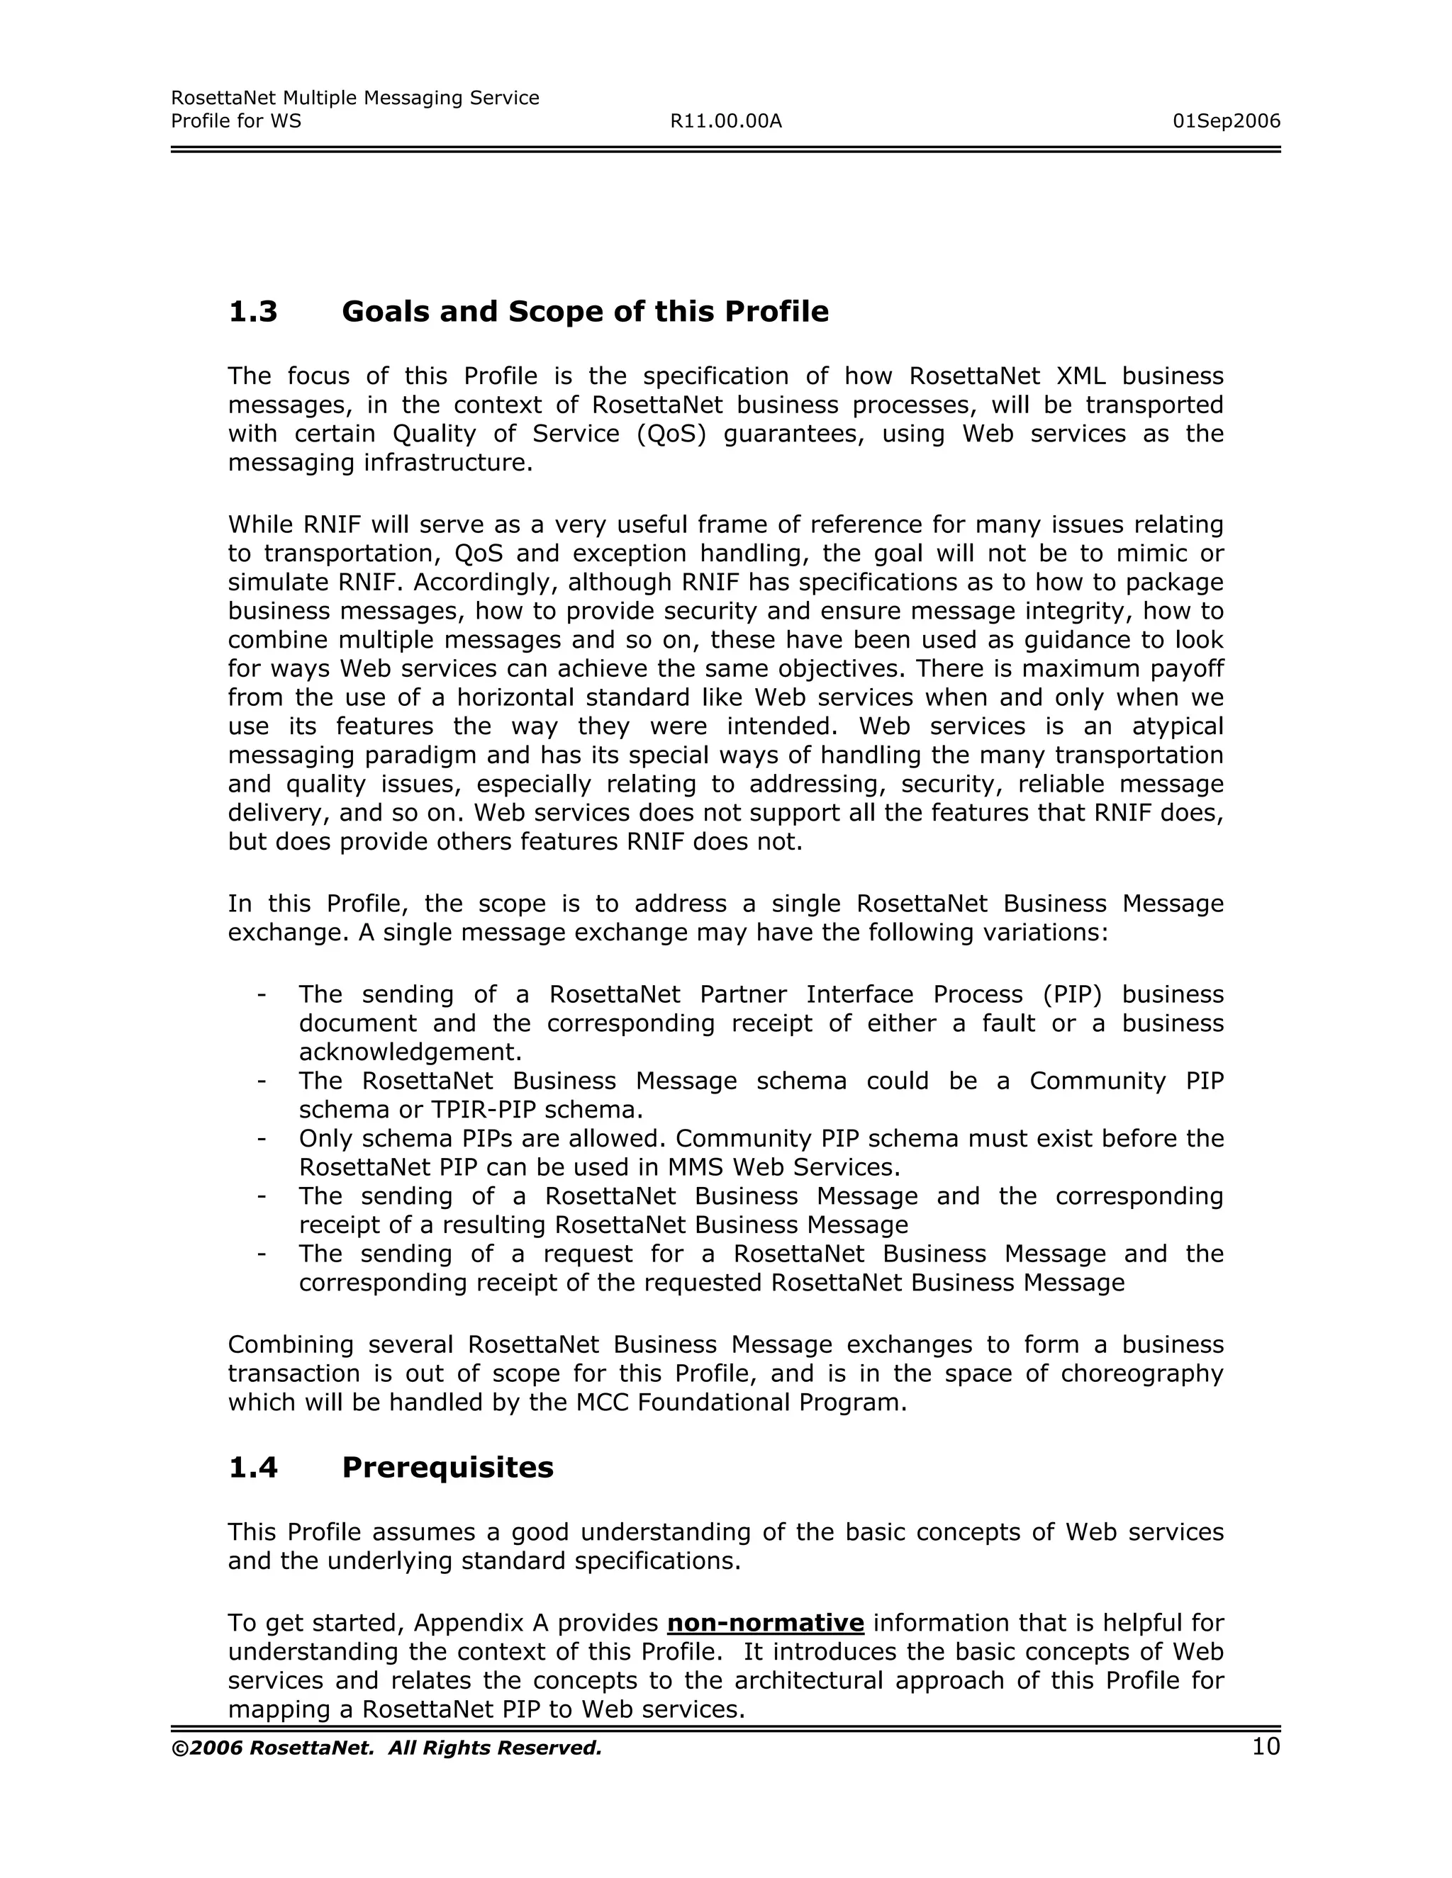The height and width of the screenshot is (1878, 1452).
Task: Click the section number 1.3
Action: click(253, 312)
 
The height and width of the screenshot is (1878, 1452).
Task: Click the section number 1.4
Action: click(253, 1467)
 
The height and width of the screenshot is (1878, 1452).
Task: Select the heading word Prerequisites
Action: click(447, 1467)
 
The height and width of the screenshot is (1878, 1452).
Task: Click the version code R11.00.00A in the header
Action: click(726, 121)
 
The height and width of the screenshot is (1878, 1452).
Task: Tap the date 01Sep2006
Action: click(1226, 121)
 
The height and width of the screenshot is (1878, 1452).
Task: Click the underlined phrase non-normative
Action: click(766, 1624)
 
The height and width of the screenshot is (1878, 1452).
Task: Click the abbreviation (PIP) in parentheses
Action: click(1072, 995)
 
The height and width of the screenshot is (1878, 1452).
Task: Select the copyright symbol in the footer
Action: click(179, 1749)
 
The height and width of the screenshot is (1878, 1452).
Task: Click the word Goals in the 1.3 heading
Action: click(384, 312)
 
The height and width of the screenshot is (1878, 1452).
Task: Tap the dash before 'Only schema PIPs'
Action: click(261, 1140)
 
